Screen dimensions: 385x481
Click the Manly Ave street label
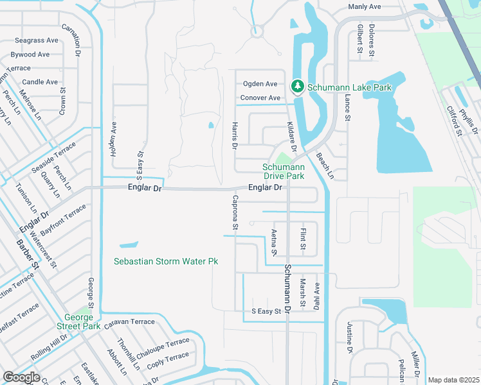365,6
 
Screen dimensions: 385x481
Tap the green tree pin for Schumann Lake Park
297,86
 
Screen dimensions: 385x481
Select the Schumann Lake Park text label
349,87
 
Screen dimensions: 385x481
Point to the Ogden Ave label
260,84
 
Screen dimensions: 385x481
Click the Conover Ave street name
260,98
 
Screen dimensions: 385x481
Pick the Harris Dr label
235,136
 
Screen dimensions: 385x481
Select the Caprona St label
235,212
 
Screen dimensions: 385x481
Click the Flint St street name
303,237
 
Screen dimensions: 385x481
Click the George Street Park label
82,322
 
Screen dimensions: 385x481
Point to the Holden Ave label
114,140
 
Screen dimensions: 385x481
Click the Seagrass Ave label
37,40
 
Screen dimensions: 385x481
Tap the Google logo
21,377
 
